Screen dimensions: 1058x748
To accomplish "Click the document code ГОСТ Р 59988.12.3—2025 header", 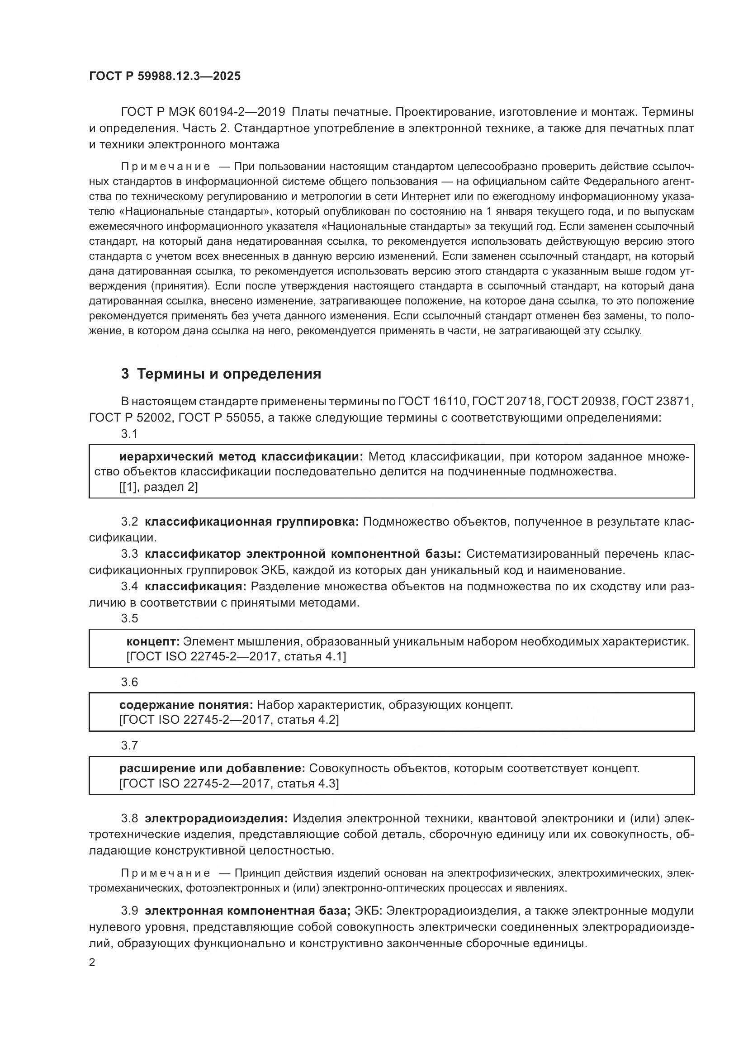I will click(x=165, y=76).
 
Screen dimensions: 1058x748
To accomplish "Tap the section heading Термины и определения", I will click(x=229, y=374).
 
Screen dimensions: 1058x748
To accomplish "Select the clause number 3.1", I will click(x=129, y=434).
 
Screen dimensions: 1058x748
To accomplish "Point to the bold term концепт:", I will click(x=153, y=641).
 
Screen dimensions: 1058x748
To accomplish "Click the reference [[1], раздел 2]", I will click(x=158, y=487).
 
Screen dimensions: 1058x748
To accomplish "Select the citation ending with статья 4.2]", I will click(x=229, y=720).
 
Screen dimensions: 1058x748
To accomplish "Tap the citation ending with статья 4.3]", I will click(x=229, y=783).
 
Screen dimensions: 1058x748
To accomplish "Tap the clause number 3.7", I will click(x=129, y=745).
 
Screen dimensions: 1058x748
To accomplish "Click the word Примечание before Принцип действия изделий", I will click(x=166, y=873).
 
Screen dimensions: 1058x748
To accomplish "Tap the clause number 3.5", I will click(x=129, y=618).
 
